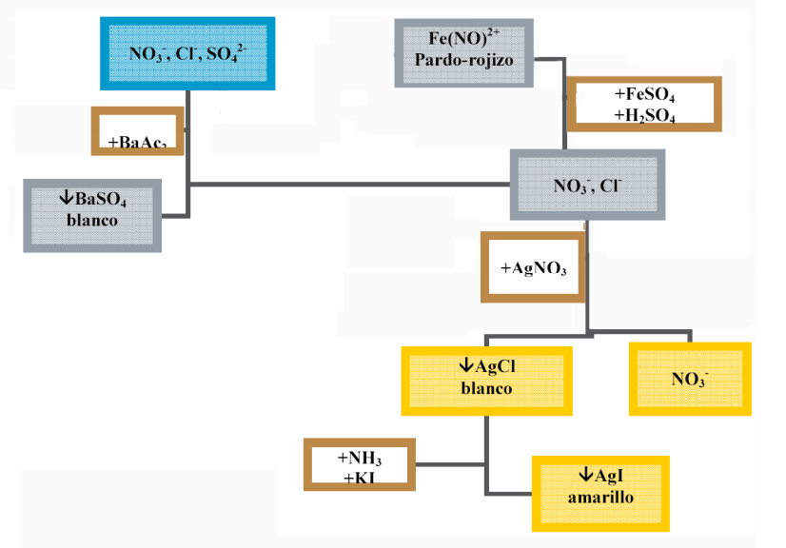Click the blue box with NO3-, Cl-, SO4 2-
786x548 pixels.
(x=187, y=54)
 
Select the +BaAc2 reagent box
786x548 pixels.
(x=138, y=131)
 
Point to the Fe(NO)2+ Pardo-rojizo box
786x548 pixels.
(x=463, y=50)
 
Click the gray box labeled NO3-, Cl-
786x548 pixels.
(x=586, y=186)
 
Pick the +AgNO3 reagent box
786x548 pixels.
(x=533, y=267)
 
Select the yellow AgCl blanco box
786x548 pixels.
(x=486, y=379)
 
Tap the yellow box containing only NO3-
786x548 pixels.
(x=690, y=379)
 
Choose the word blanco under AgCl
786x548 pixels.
(x=486, y=388)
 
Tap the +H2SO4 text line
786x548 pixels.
(x=645, y=115)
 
